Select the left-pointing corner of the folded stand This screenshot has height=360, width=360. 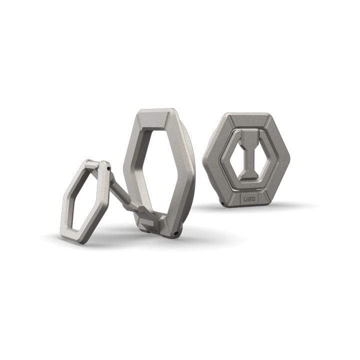[204, 158]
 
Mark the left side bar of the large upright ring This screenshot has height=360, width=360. [131, 165]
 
